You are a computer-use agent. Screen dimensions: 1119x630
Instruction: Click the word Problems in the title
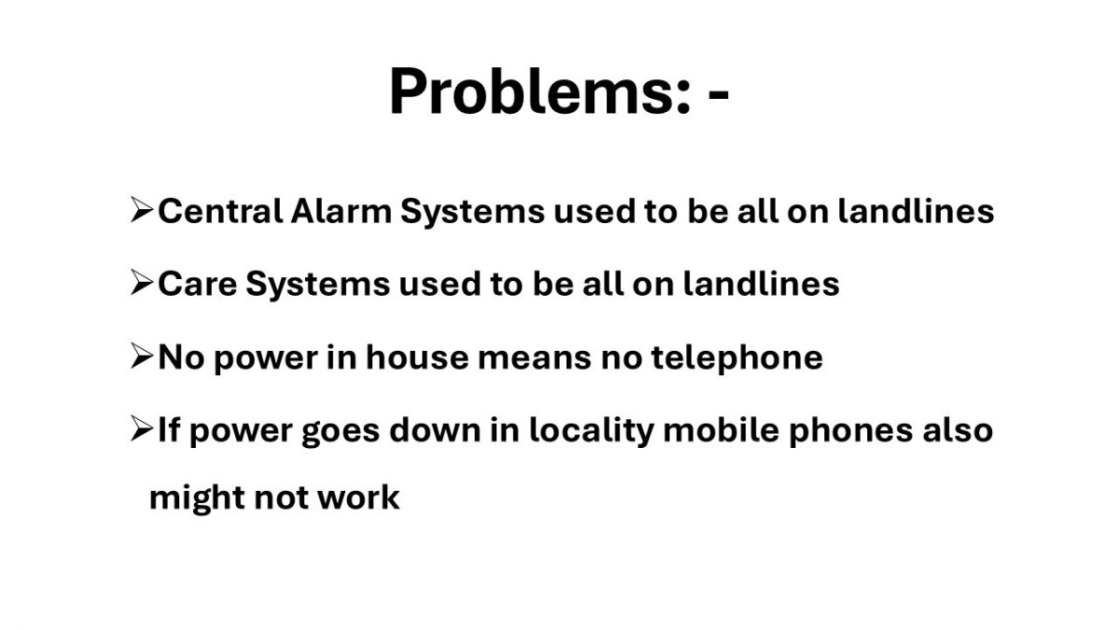point(540,92)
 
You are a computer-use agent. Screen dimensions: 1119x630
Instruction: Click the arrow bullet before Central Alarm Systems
point(142,209)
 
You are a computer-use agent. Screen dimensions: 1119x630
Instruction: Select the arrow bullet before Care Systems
point(142,283)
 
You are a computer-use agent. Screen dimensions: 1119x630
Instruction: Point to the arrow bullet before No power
point(142,356)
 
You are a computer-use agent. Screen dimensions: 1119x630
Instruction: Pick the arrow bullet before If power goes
point(142,428)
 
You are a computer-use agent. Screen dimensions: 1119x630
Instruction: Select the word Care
point(198,284)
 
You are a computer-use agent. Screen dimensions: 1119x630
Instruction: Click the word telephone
point(737,358)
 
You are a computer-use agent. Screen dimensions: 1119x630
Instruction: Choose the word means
point(534,360)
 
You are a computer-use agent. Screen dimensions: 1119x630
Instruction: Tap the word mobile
point(721,430)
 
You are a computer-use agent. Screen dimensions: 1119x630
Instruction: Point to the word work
point(359,498)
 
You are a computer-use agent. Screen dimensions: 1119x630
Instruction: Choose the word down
point(435,430)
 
